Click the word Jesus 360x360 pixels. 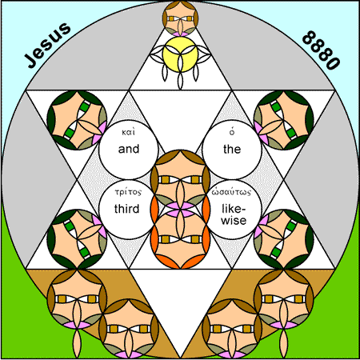pos(48,45)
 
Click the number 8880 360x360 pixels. pos(322,50)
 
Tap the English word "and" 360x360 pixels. pos(129,149)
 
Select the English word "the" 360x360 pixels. pos(232,149)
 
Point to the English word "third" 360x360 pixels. pos(127,209)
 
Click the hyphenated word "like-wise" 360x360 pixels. pos(234,214)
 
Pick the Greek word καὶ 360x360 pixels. pos(129,132)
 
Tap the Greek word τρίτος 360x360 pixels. pos(128,192)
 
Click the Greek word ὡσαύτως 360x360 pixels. pos(231,192)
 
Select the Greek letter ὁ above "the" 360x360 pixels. pos(232,132)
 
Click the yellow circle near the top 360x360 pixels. pos(181,54)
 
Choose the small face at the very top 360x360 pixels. pos(181,18)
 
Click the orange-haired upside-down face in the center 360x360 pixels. pos(181,238)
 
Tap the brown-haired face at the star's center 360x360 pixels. pos(181,179)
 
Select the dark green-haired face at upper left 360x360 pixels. pos(77,120)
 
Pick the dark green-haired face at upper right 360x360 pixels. pos(284,120)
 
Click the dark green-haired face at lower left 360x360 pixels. pos(77,239)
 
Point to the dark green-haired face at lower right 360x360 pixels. pos(284,239)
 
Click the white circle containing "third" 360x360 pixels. pos(128,210)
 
